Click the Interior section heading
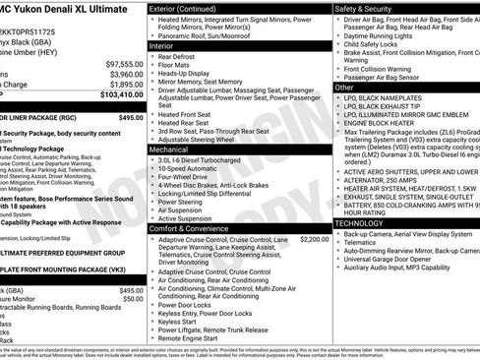pos(161,46)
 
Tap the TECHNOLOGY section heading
pos(361,223)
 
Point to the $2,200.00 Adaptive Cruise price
pos(314,238)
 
